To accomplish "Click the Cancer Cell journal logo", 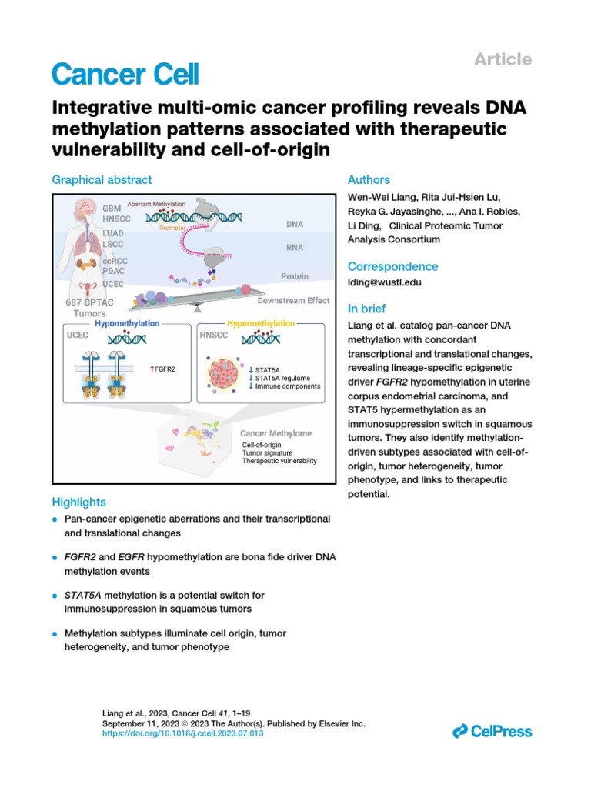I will click(x=125, y=75).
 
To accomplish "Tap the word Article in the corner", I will click(x=502, y=59).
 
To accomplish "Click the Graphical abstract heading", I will click(x=102, y=179).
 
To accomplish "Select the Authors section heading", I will click(x=369, y=179).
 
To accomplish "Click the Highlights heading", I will click(x=78, y=502).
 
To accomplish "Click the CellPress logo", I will click(x=492, y=731).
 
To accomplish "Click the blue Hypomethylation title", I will click(x=127, y=324).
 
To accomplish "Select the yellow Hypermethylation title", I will click(x=261, y=324).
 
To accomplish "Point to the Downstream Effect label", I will click(x=293, y=300).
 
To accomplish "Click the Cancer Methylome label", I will click(x=276, y=434).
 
